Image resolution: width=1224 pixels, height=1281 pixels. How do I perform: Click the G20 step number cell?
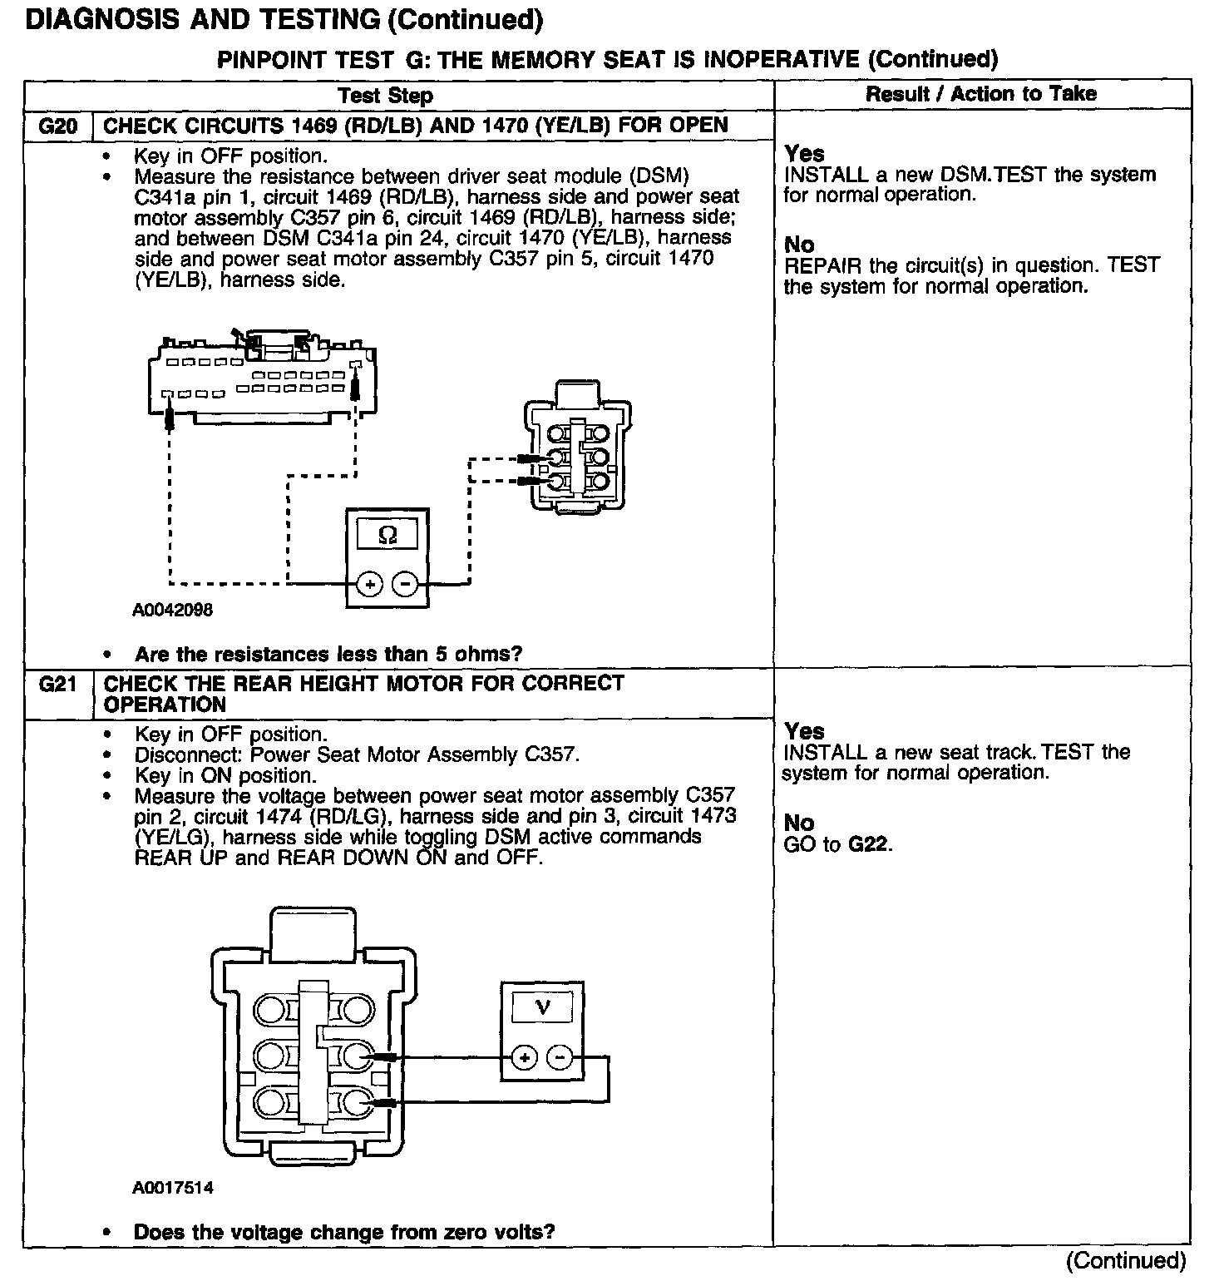coord(58,126)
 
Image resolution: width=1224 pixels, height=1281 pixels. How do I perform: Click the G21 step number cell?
coord(58,685)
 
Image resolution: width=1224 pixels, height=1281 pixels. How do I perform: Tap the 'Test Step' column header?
coord(386,96)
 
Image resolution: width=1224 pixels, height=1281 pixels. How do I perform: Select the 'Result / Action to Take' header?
coord(981,94)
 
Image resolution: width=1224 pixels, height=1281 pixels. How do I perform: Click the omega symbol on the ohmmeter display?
coord(387,536)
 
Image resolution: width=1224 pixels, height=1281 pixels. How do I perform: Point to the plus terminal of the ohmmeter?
coord(369,584)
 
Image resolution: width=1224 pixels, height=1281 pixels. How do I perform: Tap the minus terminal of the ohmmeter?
coord(405,584)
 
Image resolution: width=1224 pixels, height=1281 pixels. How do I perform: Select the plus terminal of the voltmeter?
coord(524,1057)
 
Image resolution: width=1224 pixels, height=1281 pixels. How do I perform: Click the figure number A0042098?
coord(172,610)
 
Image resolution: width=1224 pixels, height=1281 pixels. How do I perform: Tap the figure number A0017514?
coord(172,1188)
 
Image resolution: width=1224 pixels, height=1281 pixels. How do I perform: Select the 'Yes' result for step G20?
coord(804,154)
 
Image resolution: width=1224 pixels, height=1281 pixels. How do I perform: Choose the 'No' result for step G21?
coord(799,823)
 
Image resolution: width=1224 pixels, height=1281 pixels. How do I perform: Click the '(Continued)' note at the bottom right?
coord(1126,1261)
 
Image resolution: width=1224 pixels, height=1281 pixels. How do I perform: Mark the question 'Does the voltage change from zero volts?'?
coord(344,1232)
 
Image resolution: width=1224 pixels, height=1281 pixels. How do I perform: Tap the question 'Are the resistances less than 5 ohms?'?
coord(328,655)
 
